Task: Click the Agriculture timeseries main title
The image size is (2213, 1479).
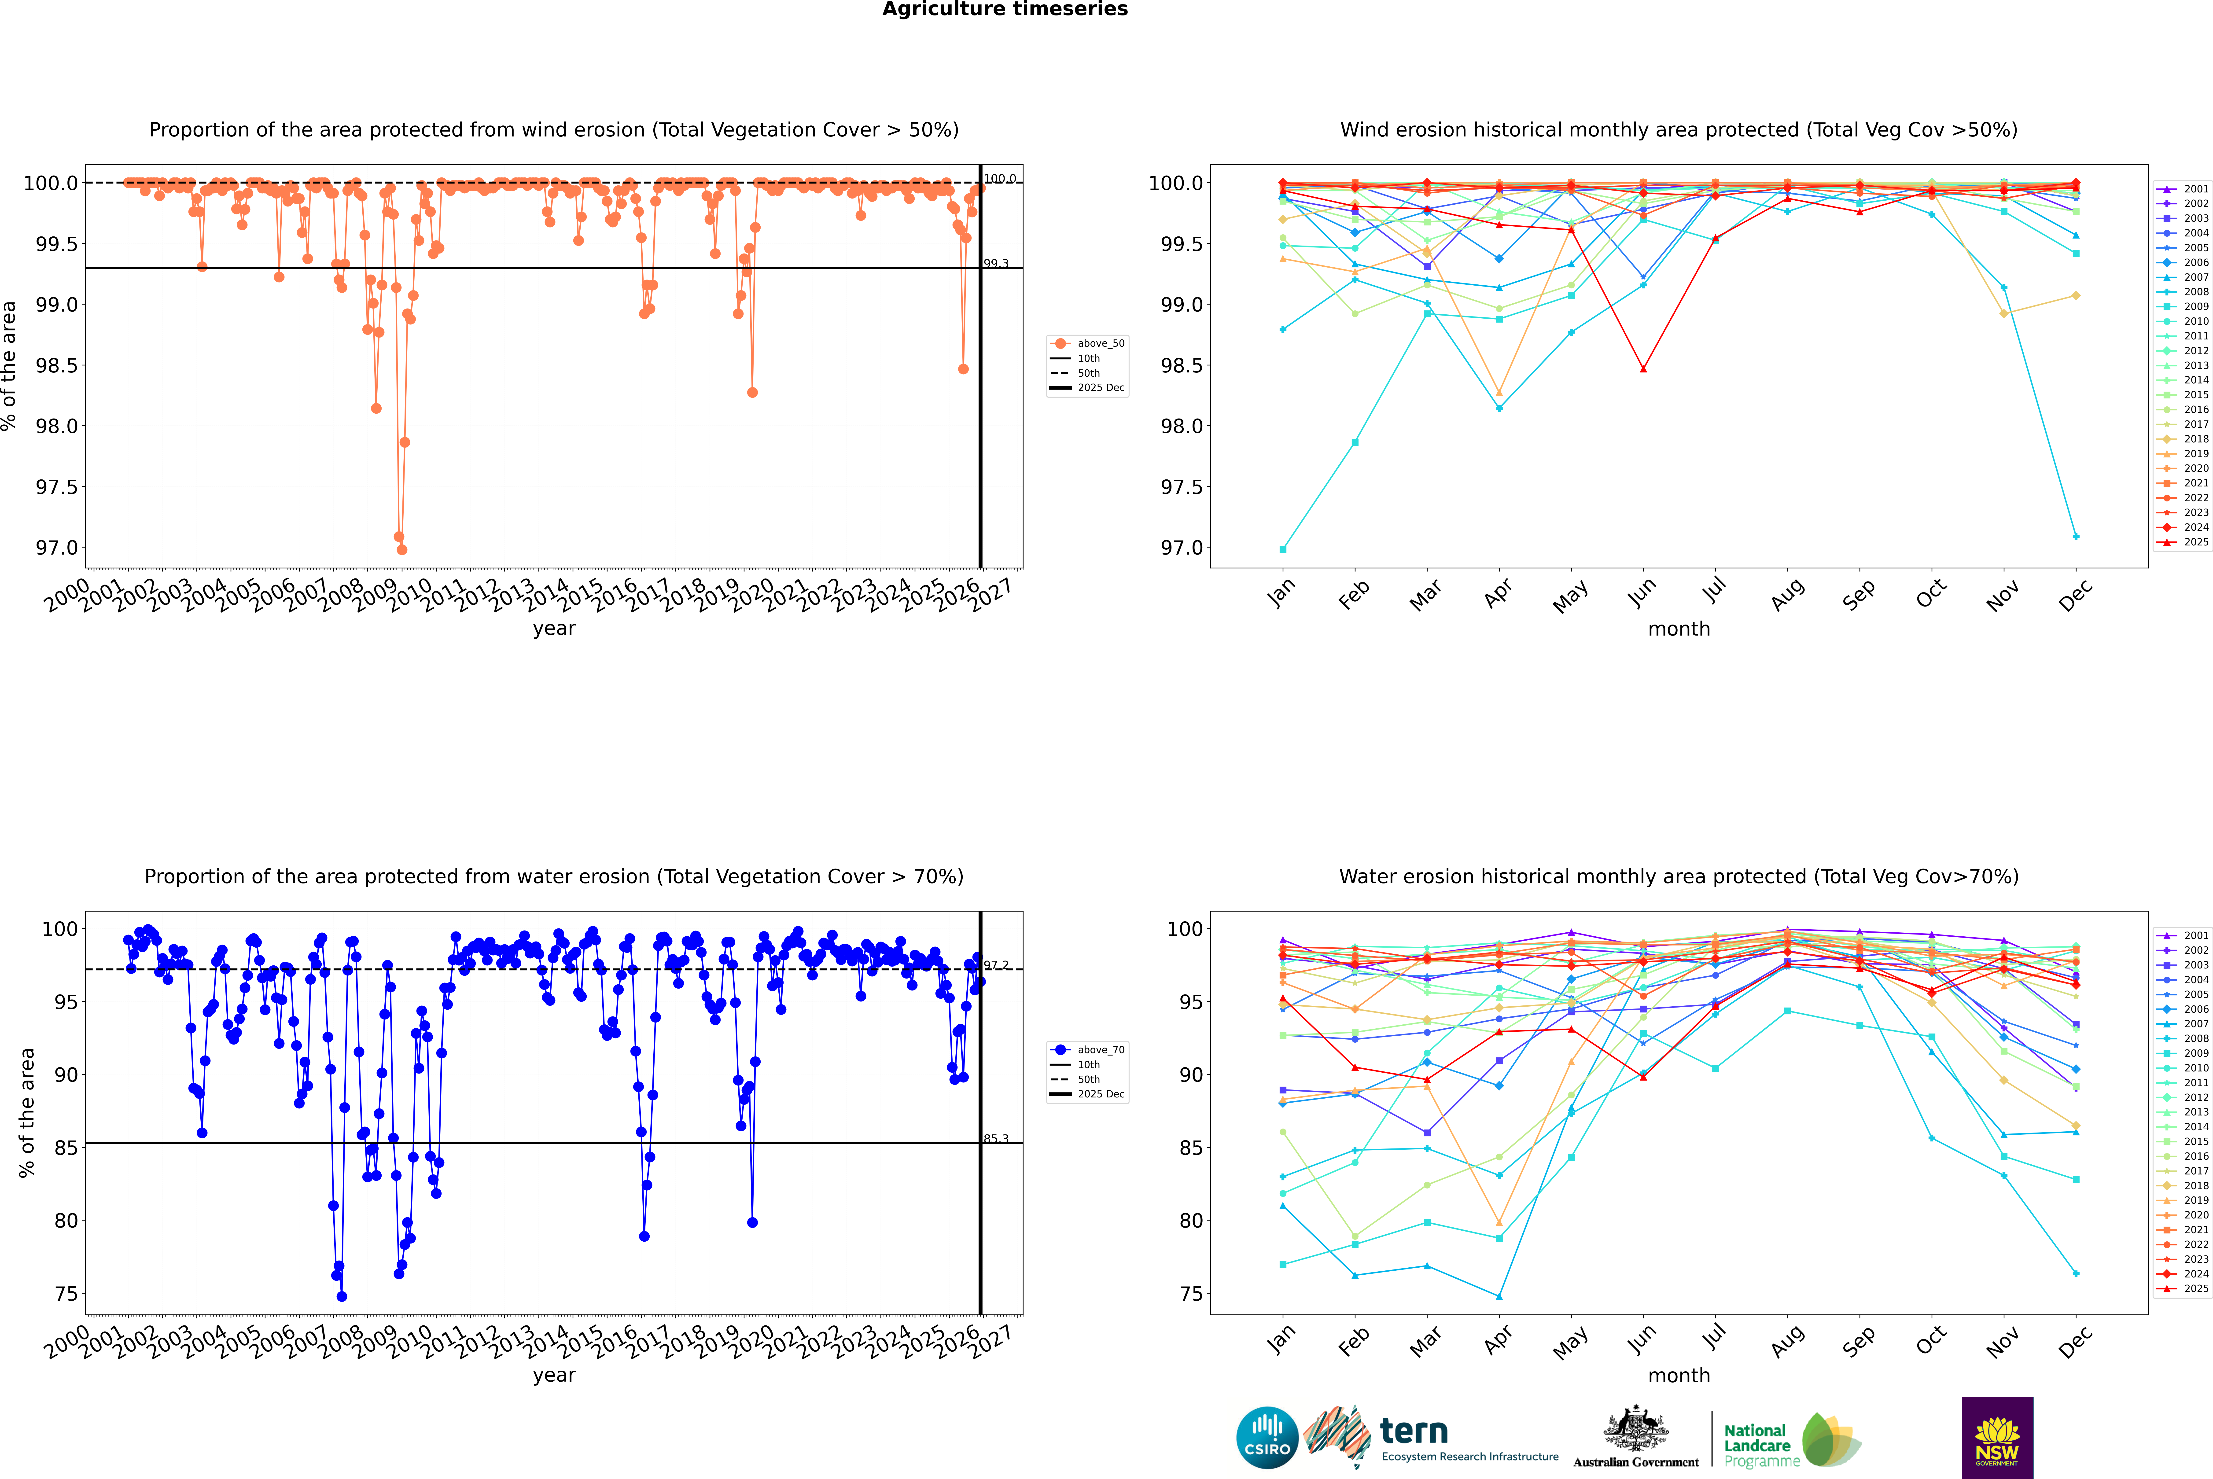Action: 1005,9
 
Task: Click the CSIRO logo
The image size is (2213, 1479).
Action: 1267,1438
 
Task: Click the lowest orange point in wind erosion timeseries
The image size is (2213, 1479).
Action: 402,549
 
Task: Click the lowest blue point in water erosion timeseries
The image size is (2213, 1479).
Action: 342,1296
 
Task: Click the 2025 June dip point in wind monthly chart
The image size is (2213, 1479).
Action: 1643,369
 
